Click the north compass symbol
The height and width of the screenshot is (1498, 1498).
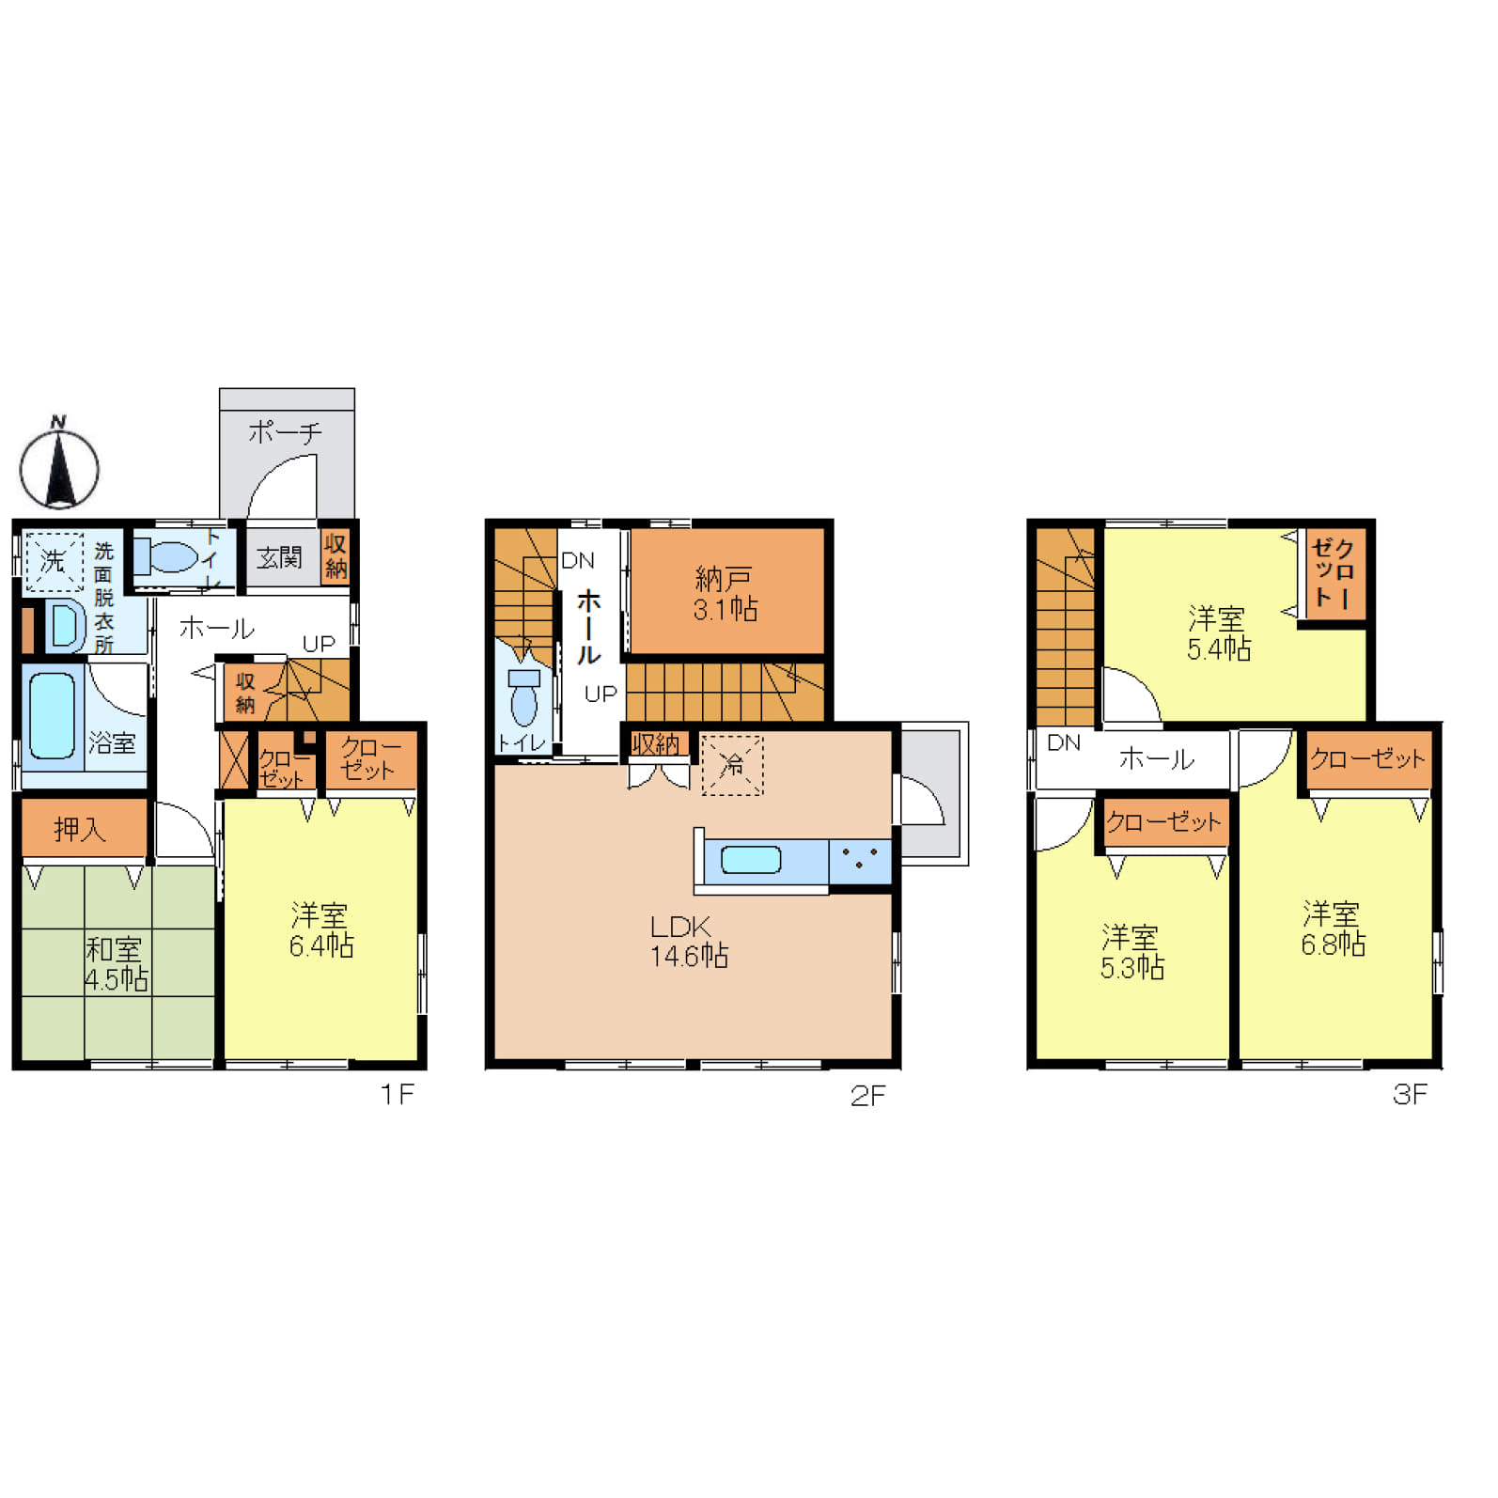pyautogui.click(x=59, y=465)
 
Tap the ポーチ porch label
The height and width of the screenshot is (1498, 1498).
pyautogui.click(x=285, y=432)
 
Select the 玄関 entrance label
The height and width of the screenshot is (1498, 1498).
pyautogui.click(x=279, y=558)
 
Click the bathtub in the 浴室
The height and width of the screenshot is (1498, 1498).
pyautogui.click(x=52, y=716)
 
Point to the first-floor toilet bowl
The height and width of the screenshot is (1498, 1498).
pyautogui.click(x=167, y=556)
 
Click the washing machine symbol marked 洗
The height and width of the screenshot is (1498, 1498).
pyautogui.click(x=53, y=561)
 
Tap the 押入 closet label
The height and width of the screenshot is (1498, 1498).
pyautogui.click(x=80, y=829)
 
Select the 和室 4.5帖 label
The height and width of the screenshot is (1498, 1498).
pyautogui.click(x=117, y=963)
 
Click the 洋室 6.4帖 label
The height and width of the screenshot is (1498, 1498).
pyautogui.click(x=320, y=929)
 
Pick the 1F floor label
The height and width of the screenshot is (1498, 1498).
pyautogui.click(x=397, y=1094)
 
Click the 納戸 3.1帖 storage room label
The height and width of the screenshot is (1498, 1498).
pyautogui.click(x=725, y=594)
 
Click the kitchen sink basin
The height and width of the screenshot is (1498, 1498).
pyautogui.click(x=750, y=860)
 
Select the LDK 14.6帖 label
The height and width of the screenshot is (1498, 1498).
pyautogui.click(x=689, y=941)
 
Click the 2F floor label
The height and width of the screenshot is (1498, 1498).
pyautogui.click(x=867, y=1095)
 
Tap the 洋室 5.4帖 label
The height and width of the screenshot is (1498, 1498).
pyautogui.click(x=1218, y=633)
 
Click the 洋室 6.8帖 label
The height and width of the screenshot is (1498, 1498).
pyautogui.click(x=1333, y=928)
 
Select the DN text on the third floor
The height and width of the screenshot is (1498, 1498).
pyautogui.click(x=1064, y=742)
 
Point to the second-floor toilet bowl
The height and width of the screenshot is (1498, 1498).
pyautogui.click(x=523, y=696)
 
